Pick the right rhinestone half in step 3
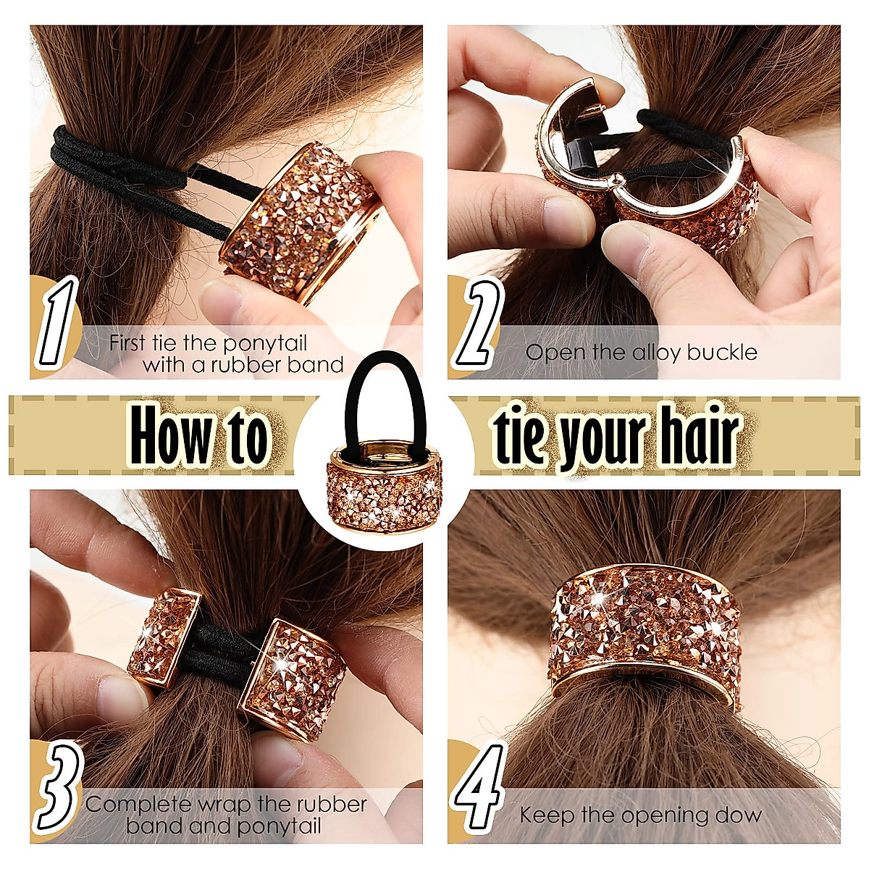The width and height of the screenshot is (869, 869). (x=297, y=677)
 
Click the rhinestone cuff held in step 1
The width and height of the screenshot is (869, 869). (x=304, y=217)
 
